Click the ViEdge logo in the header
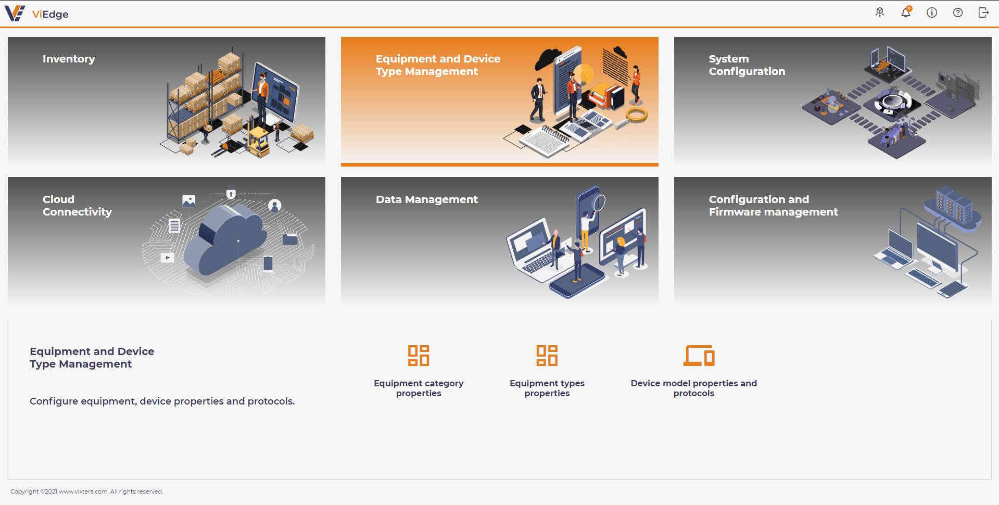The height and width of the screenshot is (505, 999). (36, 14)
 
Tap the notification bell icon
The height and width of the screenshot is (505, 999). (906, 12)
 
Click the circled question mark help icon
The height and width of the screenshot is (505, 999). (958, 12)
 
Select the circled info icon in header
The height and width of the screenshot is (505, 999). (932, 12)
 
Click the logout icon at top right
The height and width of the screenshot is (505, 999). (983, 12)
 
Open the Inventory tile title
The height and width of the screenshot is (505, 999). (69, 59)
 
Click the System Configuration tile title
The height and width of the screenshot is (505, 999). (747, 65)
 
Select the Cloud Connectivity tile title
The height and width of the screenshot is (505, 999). (77, 206)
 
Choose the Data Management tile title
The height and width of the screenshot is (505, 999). (427, 199)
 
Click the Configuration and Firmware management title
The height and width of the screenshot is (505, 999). (774, 206)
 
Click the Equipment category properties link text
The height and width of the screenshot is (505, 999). (419, 388)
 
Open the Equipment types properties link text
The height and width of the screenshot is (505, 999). (547, 388)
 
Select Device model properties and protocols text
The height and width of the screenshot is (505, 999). (694, 388)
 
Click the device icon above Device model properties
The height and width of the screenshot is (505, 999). (699, 356)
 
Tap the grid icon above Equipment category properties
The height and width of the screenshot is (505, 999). (419, 356)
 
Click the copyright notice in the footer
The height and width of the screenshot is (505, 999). (87, 491)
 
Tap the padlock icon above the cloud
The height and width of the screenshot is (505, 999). (231, 194)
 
